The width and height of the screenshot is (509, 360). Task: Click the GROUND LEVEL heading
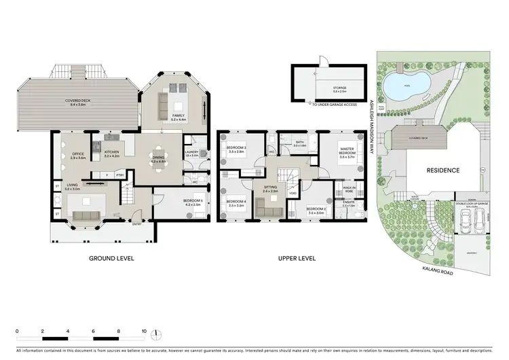(x=111, y=258)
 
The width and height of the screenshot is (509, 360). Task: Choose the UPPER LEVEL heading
(x=296, y=258)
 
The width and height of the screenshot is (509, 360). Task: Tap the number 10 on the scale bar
(x=144, y=331)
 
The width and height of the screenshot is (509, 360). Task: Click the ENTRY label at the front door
(x=137, y=225)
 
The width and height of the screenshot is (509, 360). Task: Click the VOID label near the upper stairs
(x=292, y=193)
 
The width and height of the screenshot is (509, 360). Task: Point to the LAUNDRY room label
(x=191, y=152)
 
